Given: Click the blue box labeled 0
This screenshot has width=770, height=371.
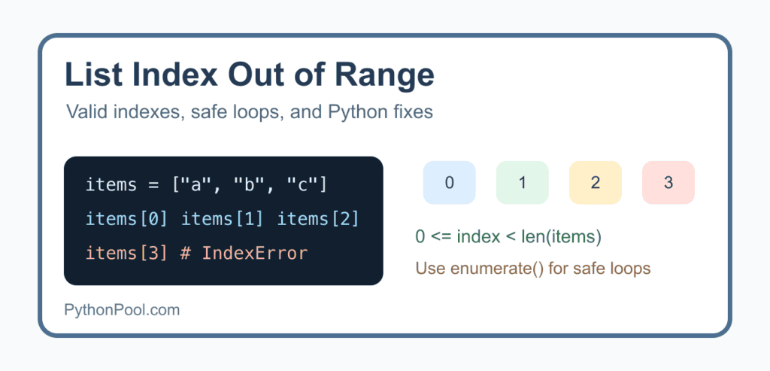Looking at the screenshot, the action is coord(450,182).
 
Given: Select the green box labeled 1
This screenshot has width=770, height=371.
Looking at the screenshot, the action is coord(523,182).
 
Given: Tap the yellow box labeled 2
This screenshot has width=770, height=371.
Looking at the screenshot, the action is coord(596,182).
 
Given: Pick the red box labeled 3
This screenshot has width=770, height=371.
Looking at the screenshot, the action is coord(668,182).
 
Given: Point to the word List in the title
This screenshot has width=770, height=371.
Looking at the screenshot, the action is coord(90,75).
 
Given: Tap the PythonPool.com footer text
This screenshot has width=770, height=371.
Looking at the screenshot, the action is coord(122,310).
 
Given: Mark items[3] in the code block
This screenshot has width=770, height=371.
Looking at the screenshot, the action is coord(126,254).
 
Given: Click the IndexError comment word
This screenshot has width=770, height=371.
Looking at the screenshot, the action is coord(255,253).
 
